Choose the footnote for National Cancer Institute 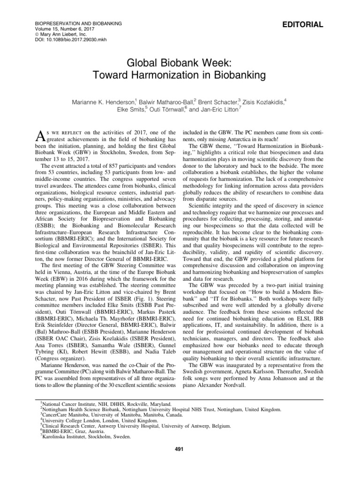[x=105, y=404]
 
